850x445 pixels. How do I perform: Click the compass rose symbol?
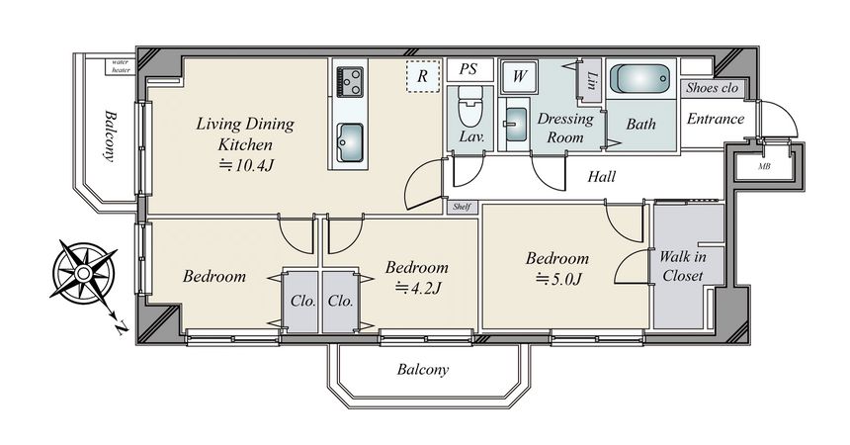(84, 273)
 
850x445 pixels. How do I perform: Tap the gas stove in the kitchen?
(350, 82)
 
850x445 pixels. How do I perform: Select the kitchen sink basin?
(350, 142)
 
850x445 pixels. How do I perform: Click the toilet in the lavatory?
(470, 106)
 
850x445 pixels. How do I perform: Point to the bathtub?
(640, 79)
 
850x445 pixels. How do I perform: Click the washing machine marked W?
(519, 76)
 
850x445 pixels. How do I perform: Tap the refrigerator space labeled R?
(423, 76)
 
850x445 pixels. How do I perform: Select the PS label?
(468, 69)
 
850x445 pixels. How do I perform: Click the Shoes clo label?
(712, 87)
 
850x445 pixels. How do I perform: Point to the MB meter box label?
(764, 166)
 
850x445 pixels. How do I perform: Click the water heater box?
(120, 66)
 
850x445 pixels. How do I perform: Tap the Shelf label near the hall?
(462, 207)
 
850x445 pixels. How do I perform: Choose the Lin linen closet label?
(591, 81)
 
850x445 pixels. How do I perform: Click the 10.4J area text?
(246, 164)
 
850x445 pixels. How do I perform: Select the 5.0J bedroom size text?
(558, 279)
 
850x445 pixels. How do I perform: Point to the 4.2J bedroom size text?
(418, 287)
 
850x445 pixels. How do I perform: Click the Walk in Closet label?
(683, 265)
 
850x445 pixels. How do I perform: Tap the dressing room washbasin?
(516, 125)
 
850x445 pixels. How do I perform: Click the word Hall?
(602, 176)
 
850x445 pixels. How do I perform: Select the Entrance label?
(715, 119)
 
